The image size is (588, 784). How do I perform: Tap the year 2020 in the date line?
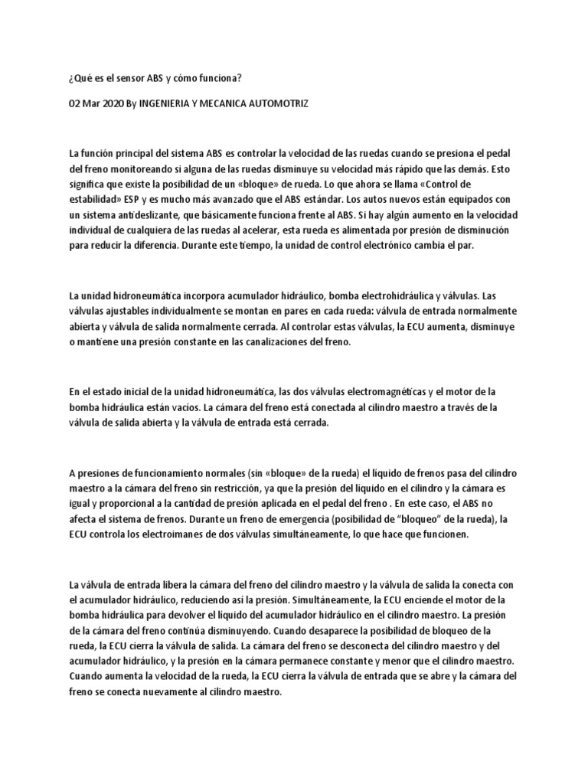click(x=114, y=102)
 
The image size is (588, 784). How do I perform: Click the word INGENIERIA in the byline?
click(x=168, y=102)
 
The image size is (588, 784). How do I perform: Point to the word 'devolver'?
click(x=204, y=616)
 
